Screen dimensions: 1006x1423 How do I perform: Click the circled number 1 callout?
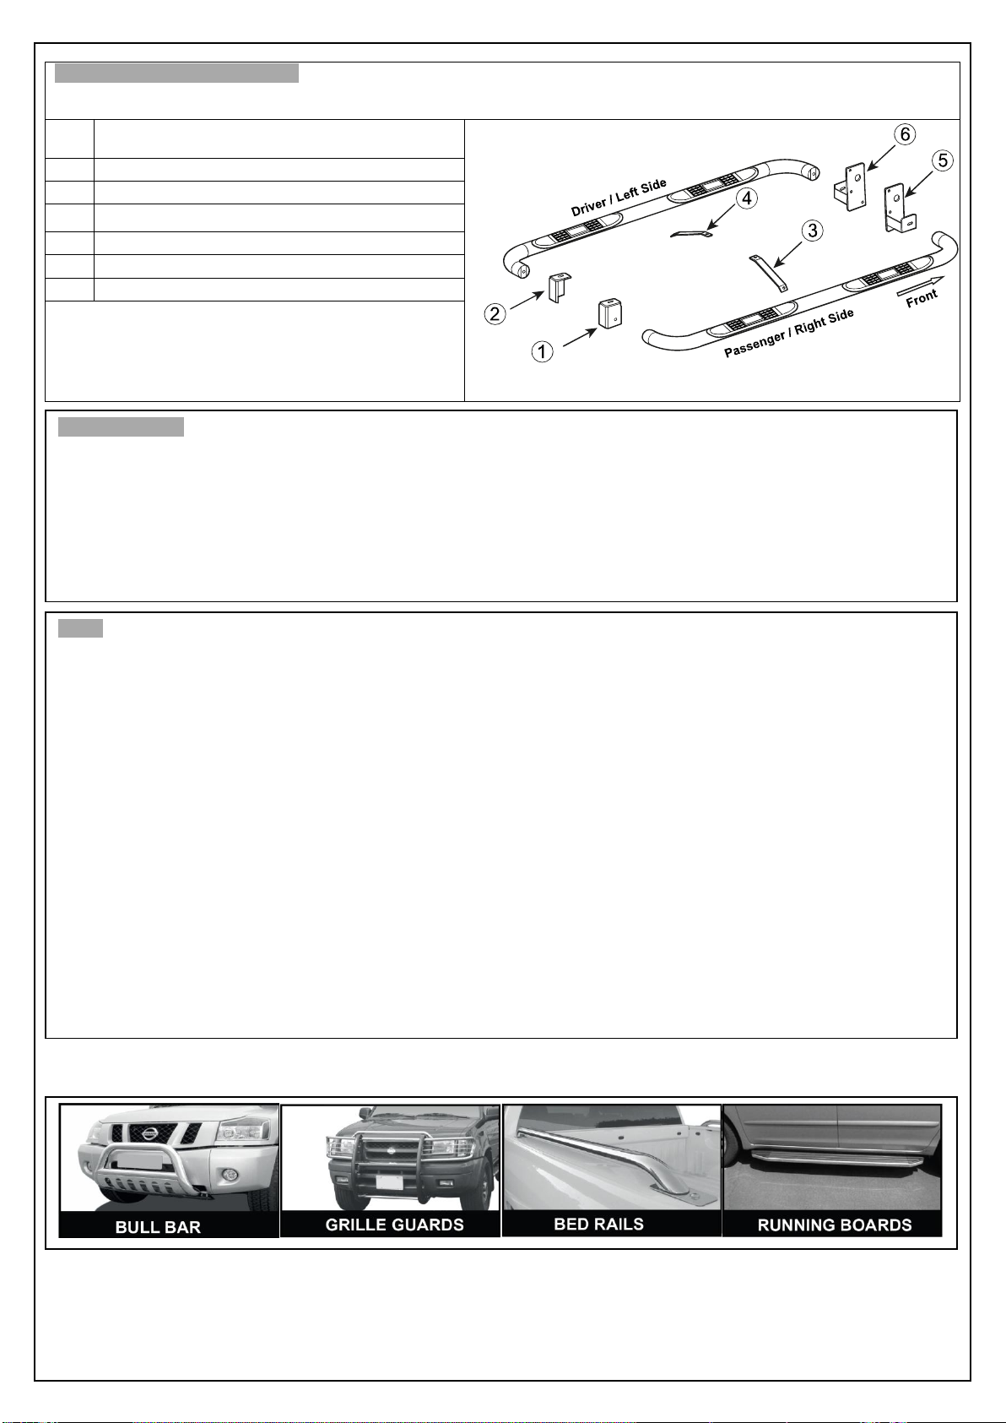pyautogui.click(x=542, y=351)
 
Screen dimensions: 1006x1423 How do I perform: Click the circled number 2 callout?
pyautogui.click(x=495, y=313)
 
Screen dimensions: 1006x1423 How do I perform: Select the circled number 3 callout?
pyautogui.click(x=813, y=230)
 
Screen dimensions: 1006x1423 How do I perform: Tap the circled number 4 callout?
pyautogui.click(x=746, y=198)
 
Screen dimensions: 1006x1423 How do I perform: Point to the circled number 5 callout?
pyautogui.click(x=944, y=160)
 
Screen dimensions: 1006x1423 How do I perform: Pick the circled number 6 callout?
pyautogui.click(x=905, y=134)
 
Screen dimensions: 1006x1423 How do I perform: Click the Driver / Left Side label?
pyautogui.click(x=619, y=197)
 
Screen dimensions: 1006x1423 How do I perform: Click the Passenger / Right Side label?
pyautogui.click(x=789, y=333)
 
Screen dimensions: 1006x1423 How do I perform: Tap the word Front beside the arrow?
pyautogui.click(x=922, y=298)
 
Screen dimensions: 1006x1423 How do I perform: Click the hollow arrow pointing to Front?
pyautogui.click(x=920, y=285)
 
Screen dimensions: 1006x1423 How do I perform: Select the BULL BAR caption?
pyautogui.click(x=158, y=1227)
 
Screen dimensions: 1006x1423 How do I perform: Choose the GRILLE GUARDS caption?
pyautogui.click(x=394, y=1225)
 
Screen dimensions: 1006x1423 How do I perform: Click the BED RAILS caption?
pyautogui.click(x=598, y=1224)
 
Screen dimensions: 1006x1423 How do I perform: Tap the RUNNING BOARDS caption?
pyautogui.click(x=835, y=1225)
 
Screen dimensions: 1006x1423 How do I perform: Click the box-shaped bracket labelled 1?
pyautogui.click(x=609, y=313)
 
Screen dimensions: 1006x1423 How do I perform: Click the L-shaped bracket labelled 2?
pyautogui.click(x=559, y=287)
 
